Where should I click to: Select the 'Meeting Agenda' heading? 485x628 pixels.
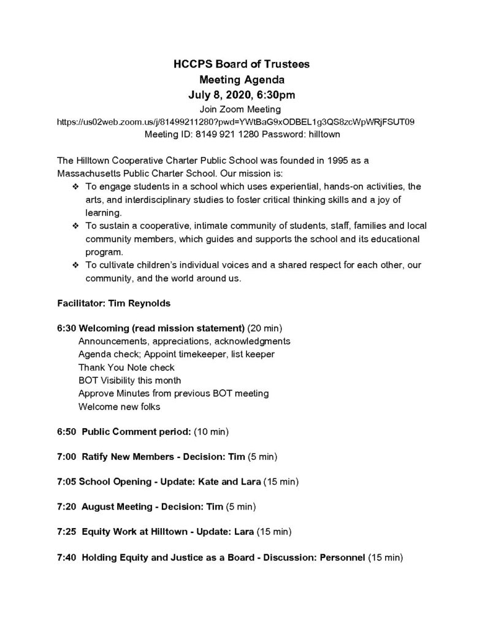point(242,80)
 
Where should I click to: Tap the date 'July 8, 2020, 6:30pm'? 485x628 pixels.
point(242,95)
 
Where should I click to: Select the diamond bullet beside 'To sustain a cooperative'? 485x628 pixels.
point(75,226)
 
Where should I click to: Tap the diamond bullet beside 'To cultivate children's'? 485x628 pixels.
point(75,266)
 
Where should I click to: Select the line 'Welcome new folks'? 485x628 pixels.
point(119,407)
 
